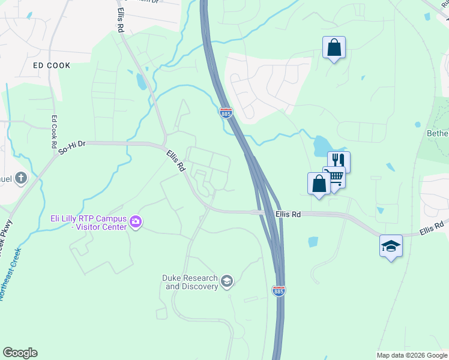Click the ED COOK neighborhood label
tap(52, 65)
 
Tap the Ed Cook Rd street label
tap(53, 132)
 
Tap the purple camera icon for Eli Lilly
tap(136, 223)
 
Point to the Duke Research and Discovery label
tap(190, 282)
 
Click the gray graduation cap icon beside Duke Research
tap(227, 281)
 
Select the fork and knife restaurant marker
tap(339, 161)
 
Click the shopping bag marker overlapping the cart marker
tap(319, 184)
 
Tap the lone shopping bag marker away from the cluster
tap(334, 47)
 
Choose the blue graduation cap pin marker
tap(391, 245)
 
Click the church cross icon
tap(21, 178)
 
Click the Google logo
tap(20, 353)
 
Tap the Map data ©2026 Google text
tap(412, 355)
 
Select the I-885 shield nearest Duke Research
tap(279, 290)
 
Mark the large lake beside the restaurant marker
tap(322, 145)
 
